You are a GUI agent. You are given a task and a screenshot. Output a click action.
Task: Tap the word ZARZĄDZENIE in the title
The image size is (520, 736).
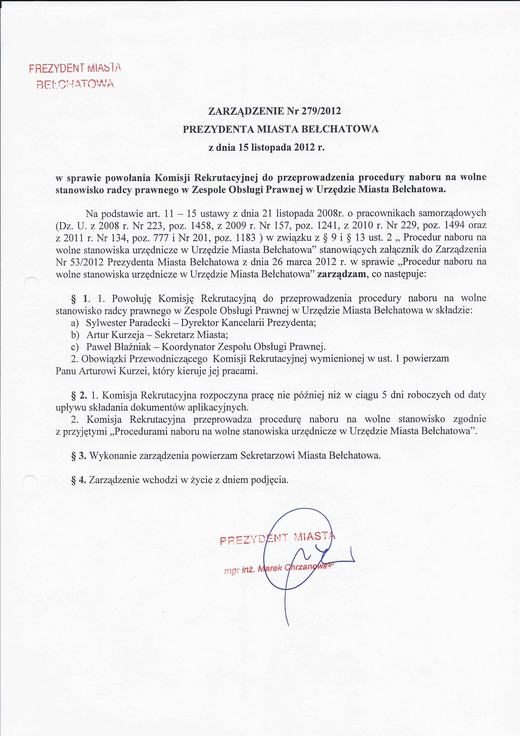(246, 111)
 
